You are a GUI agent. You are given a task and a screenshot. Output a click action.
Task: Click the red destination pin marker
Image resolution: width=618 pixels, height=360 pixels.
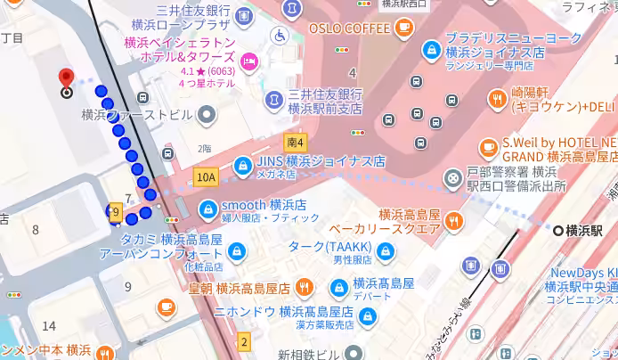(66, 78)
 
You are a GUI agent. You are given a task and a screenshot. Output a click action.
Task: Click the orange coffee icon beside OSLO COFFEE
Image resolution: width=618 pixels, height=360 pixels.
(404, 28)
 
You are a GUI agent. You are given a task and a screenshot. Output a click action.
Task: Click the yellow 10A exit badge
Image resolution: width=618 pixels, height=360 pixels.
(207, 177)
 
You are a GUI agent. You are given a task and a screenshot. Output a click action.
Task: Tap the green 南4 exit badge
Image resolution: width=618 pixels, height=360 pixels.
(296, 142)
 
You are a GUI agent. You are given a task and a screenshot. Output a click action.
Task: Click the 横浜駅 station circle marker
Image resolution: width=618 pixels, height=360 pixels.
(558, 231)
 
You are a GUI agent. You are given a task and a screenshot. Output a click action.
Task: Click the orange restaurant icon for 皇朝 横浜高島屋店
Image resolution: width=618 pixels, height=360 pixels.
(305, 287)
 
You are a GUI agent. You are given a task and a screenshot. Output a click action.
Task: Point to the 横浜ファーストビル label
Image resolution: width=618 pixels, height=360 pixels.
(136, 114)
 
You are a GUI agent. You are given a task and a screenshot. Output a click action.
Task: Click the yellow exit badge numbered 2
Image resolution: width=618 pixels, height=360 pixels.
(244, 341)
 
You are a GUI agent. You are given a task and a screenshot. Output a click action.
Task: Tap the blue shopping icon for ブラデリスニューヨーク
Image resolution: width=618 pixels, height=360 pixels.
(431, 49)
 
